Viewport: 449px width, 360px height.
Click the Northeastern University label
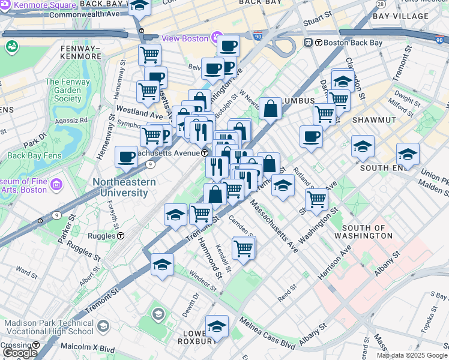[124, 187]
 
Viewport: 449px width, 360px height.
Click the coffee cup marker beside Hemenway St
[126, 157]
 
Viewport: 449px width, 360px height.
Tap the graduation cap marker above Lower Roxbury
[217, 326]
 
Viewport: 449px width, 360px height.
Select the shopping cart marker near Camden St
[243, 247]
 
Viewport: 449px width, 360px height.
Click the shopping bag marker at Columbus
[271, 109]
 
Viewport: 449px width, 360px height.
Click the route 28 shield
[381, 4]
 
